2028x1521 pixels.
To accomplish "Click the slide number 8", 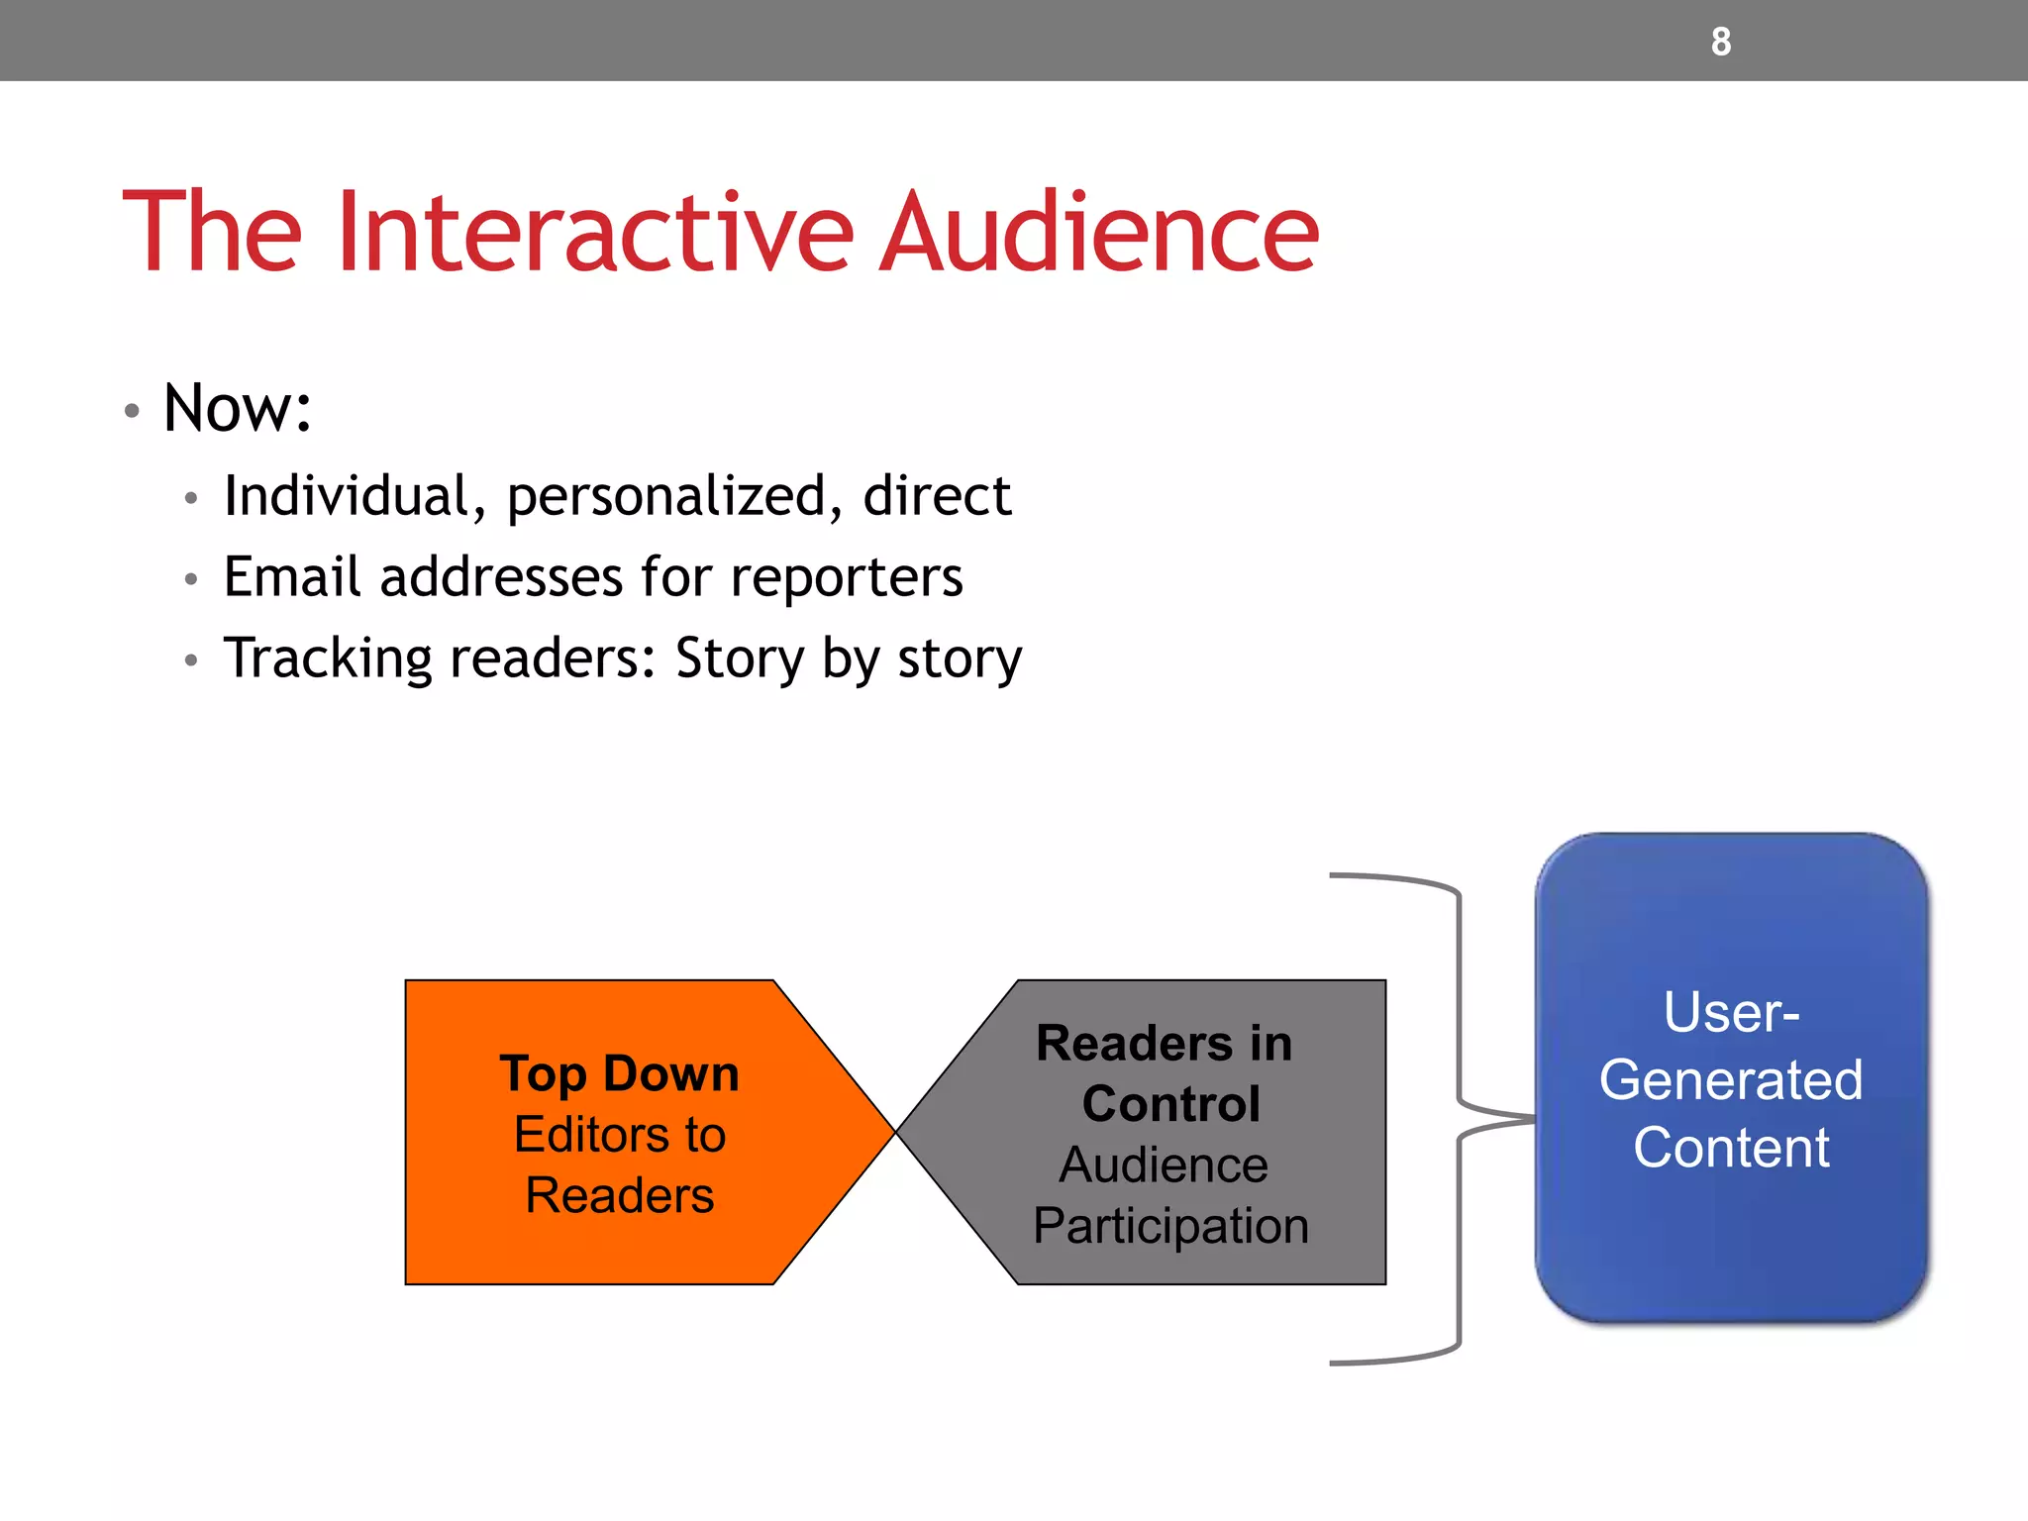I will tap(1721, 42).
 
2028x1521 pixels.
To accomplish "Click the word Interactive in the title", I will tap(594, 233).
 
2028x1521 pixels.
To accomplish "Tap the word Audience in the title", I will tap(1099, 233).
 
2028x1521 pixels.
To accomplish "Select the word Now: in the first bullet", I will tap(238, 408).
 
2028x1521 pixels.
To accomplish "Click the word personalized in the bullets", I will tap(665, 496).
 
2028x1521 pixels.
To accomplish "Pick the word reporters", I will tap(847, 578).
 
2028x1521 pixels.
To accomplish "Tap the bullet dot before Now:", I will tap(132, 410).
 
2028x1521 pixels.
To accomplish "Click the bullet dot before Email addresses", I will tap(191, 579).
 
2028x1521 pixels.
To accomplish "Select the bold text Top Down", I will tap(619, 1074).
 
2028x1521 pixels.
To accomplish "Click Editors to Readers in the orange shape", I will tap(620, 1165).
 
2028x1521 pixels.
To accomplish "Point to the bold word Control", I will tap(1170, 1104).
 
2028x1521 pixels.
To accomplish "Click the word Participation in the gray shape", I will tap(1170, 1226).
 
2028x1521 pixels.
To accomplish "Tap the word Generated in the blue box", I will tap(1731, 1079).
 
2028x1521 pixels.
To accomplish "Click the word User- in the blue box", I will tap(1731, 1012).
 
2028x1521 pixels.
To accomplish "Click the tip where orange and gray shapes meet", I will tap(895, 1132).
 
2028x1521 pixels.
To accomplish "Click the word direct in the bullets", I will tap(937, 496).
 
